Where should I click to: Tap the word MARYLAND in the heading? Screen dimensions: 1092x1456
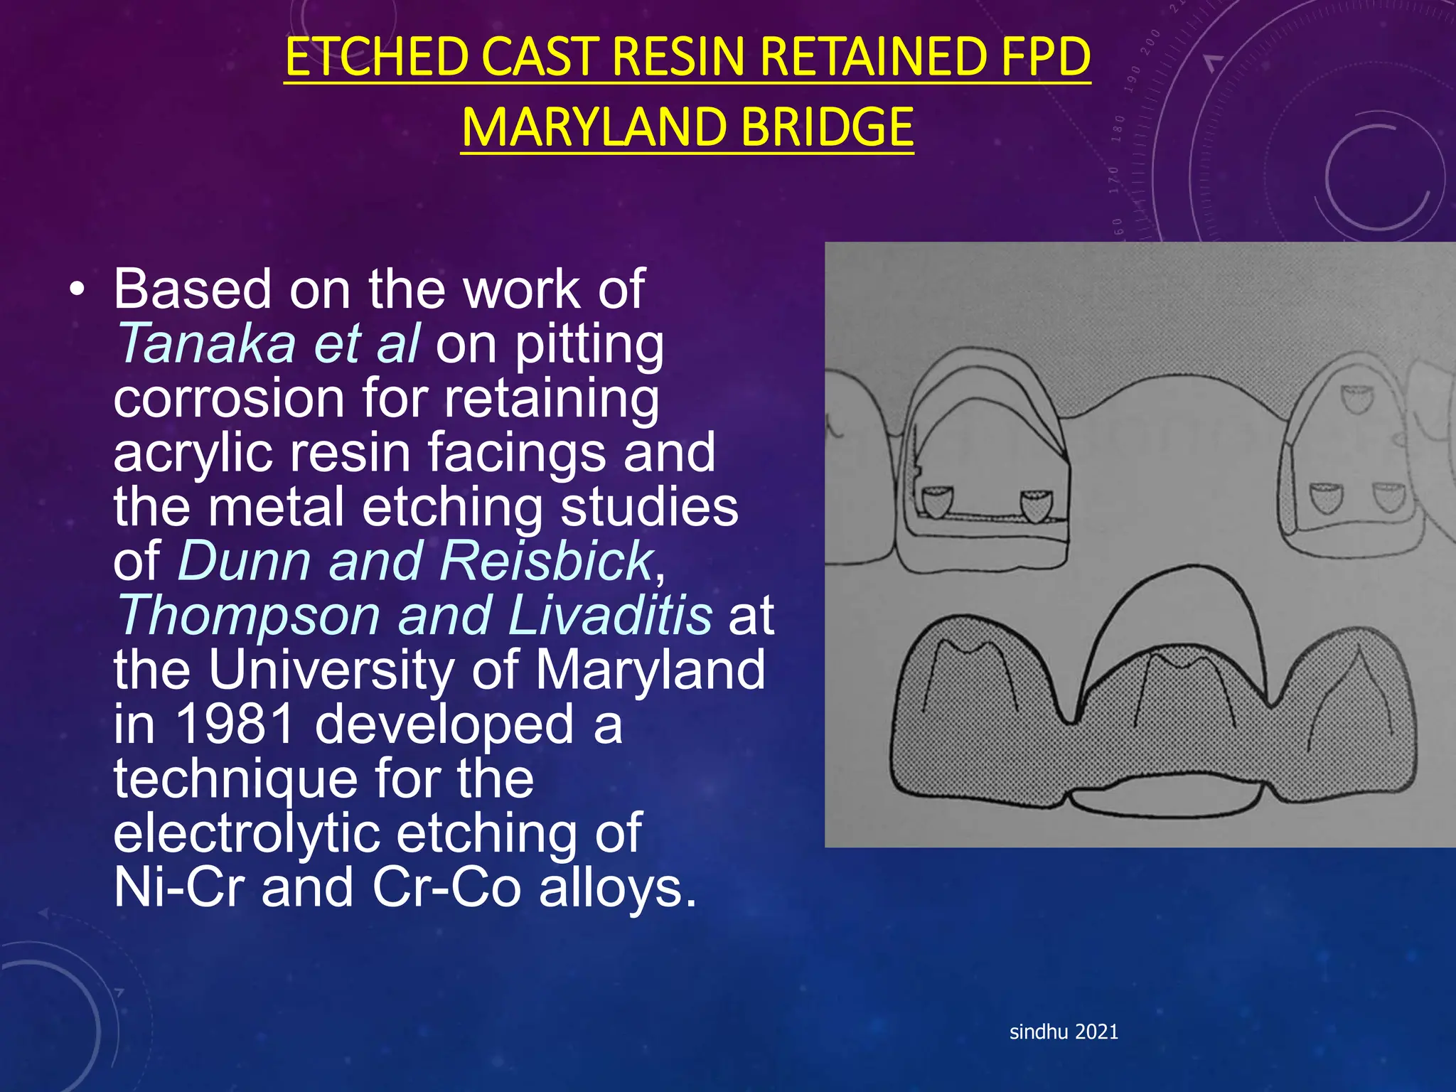point(592,128)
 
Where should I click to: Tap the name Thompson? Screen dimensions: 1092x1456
point(249,616)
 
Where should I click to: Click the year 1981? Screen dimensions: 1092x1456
point(235,724)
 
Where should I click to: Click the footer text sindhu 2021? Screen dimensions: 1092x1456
point(1064,1032)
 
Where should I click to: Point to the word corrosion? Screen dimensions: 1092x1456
point(229,398)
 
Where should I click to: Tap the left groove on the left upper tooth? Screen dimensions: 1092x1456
point(936,503)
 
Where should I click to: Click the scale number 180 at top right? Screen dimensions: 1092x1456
point(1118,128)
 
